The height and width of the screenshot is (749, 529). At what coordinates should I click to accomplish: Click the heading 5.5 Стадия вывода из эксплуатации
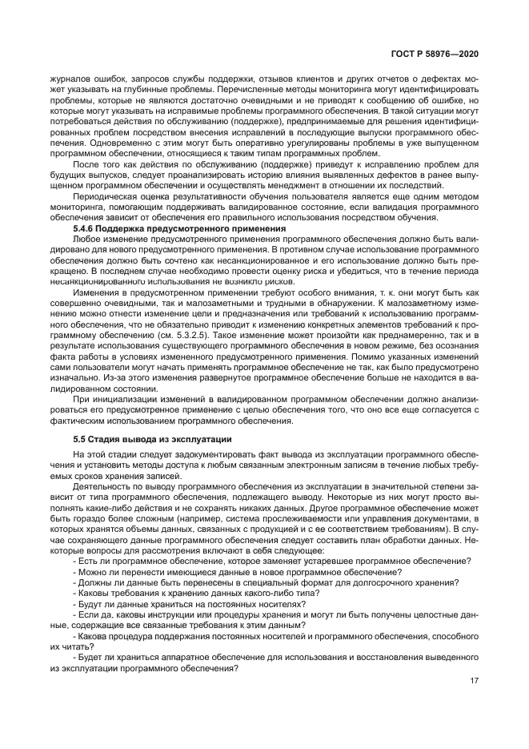pyautogui.click(x=152, y=439)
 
